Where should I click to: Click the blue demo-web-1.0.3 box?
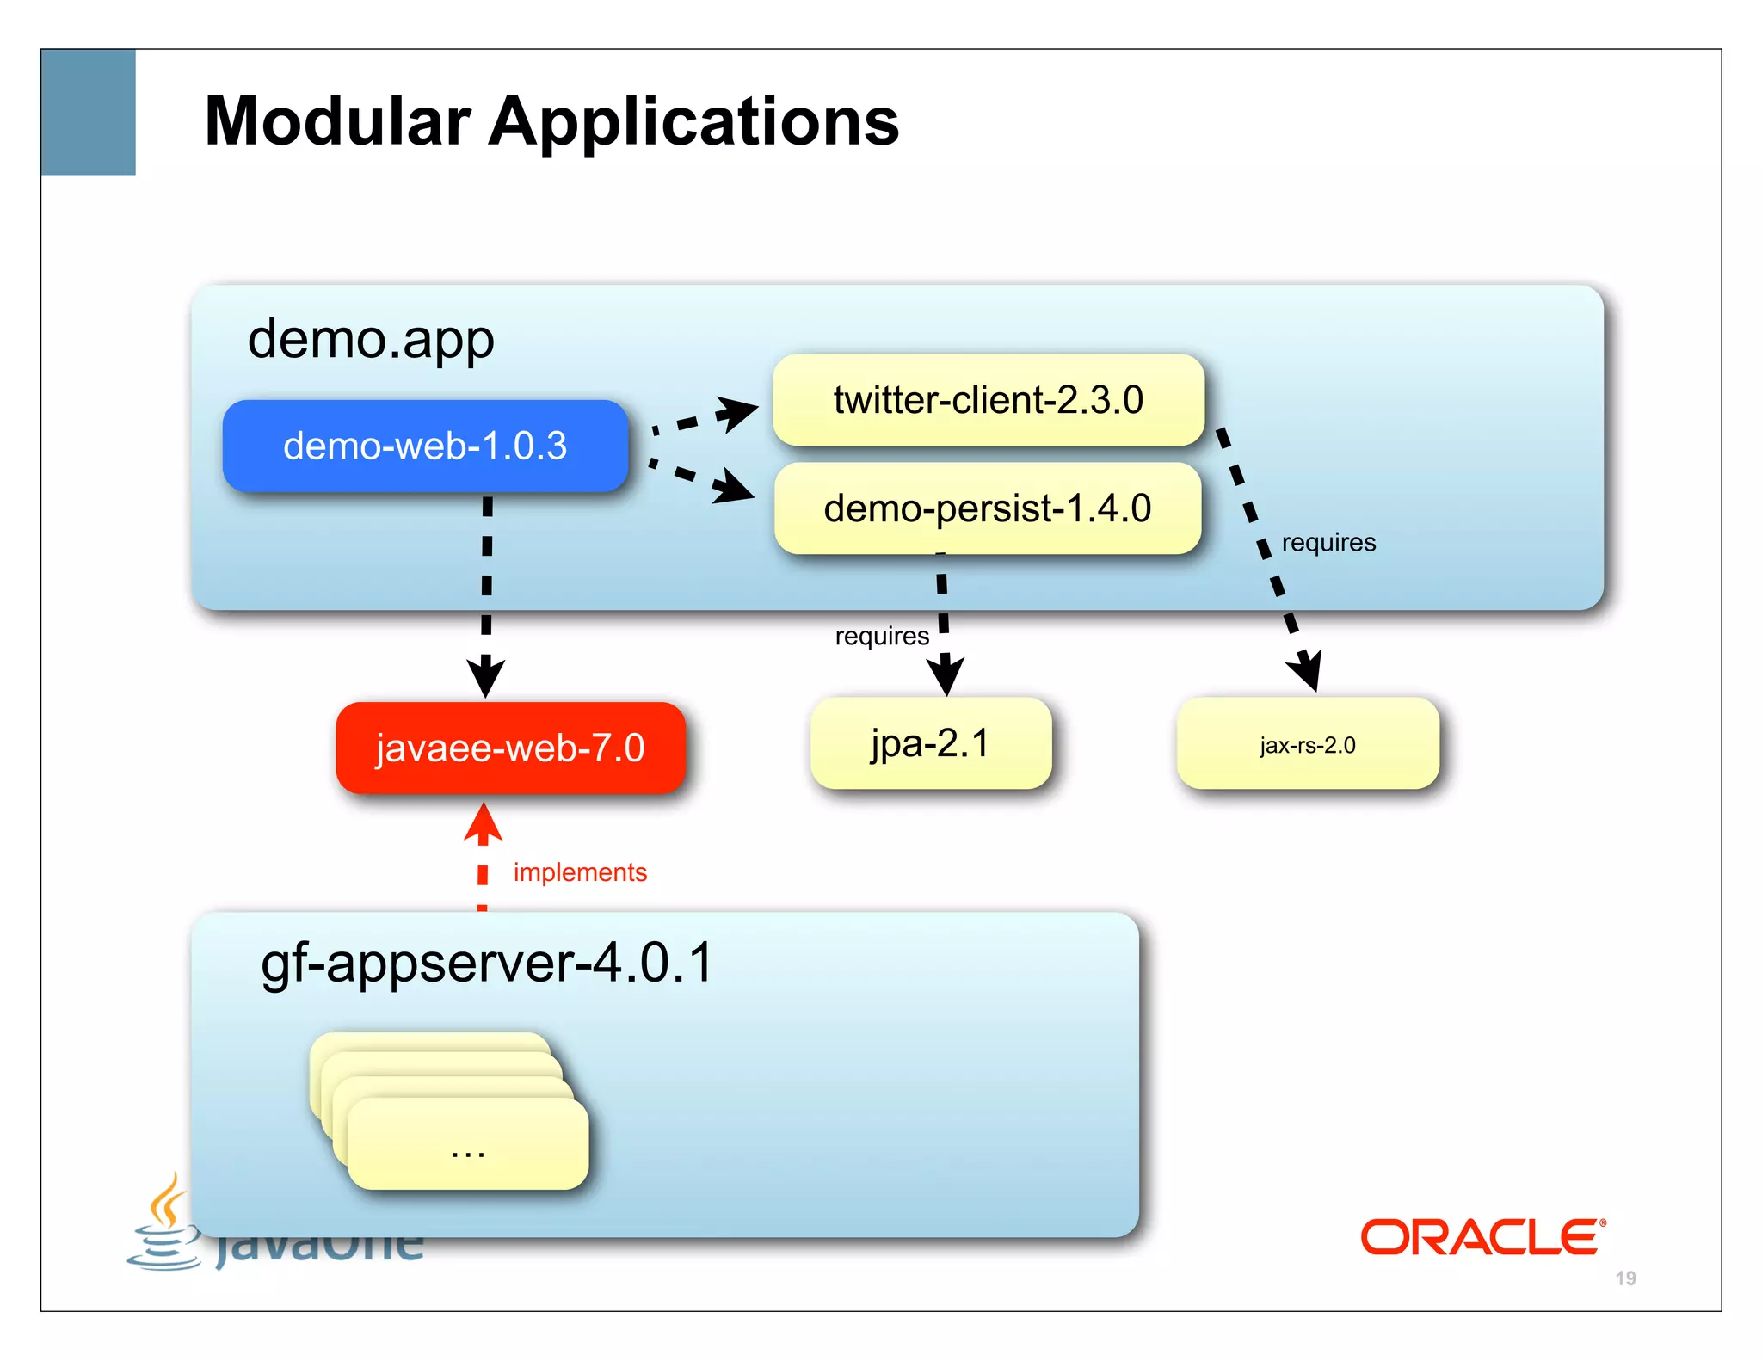point(425,446)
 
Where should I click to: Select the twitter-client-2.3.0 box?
point(988,400)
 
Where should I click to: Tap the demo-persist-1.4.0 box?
point(987,508)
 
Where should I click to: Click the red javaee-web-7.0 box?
point(510,748)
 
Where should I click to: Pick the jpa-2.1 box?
point(930,743)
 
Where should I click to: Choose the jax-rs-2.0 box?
point(1307,744)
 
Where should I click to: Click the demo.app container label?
point(371,339)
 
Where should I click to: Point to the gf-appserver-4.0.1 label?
point(487,962)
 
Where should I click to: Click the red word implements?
point(580,872)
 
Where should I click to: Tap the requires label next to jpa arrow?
point(882,636)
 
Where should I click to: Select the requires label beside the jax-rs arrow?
point(1328,543)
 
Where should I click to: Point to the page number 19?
point(1625,1278)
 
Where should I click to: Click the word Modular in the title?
point(337,121)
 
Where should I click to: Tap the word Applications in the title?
point(693,121)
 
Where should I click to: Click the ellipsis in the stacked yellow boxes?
point(468,1151)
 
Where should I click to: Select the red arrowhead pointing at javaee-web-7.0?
point(484,823)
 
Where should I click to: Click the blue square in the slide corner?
point(89,112)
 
